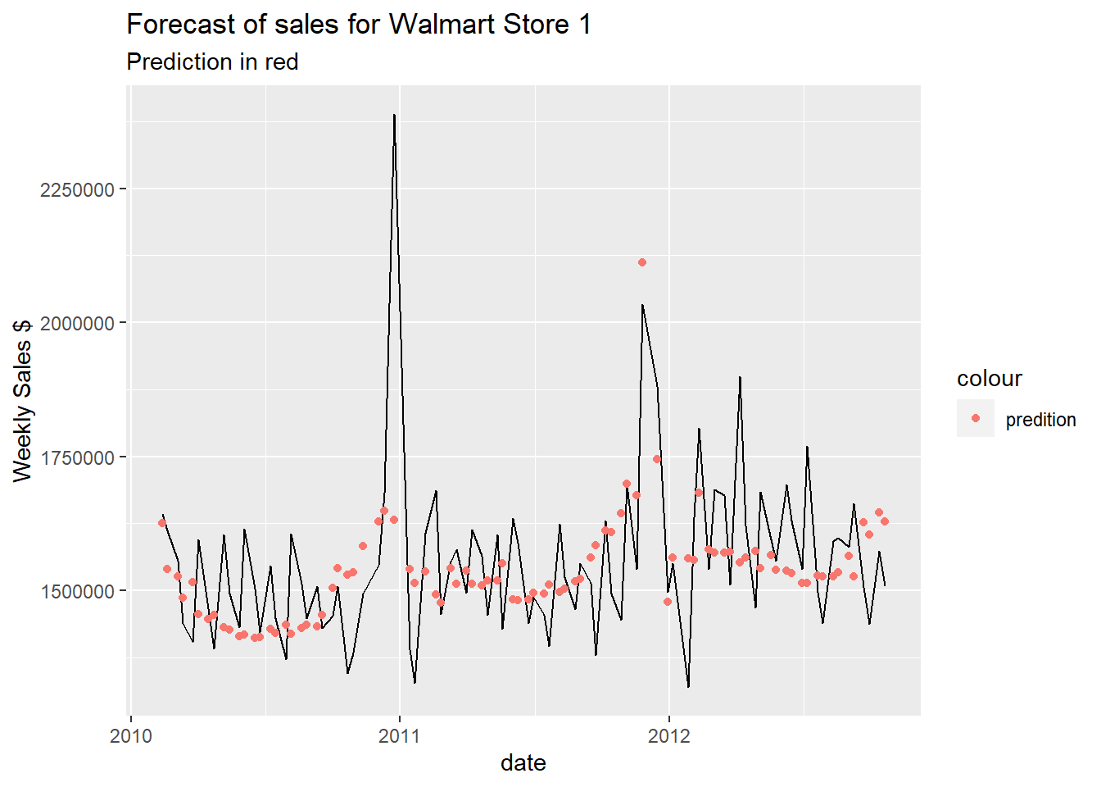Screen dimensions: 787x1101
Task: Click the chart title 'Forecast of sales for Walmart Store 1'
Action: tap(358, 25)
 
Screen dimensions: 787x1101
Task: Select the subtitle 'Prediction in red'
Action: tap(212, 62)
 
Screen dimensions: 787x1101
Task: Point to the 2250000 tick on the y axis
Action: tap(76, 189)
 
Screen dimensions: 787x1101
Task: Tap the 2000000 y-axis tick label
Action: tap(76, 323)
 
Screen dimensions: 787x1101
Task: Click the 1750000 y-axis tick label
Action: tap(76, 457)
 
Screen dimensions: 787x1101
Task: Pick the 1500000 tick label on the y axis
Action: tap(76, 591)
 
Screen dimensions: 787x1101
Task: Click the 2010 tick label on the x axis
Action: tap(130, 735)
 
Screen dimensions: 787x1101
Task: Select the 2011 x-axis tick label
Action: tap(399, 735)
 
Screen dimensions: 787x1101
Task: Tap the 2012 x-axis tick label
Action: tap(669, 735)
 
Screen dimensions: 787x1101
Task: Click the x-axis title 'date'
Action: tap(523, 763)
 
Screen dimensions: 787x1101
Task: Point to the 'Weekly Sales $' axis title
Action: tap(23, 400)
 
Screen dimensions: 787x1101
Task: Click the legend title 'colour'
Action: tap(989, 379)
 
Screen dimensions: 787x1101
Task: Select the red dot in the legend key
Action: tap(975, 418)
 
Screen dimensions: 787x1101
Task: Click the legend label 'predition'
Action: tap(1040, 420)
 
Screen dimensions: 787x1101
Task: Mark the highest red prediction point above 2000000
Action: tap(642, 262)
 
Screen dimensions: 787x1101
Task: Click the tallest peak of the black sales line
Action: tap(394, 116)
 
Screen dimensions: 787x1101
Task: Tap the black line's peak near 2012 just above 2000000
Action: tap(642, 305)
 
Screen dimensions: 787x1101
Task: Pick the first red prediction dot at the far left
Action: tap(162, 523)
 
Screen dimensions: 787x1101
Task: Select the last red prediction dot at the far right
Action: tap(885, 521)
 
